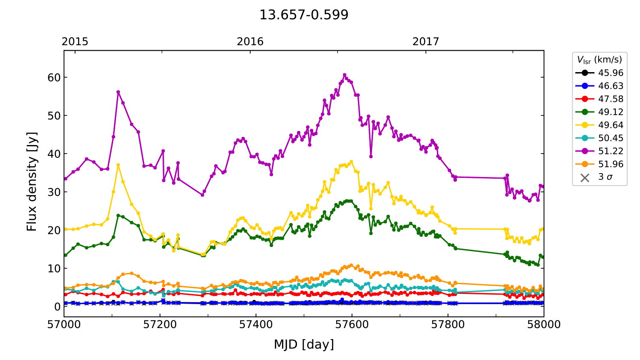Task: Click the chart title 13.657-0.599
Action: click(304, 15)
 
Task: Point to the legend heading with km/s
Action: click(599, 60)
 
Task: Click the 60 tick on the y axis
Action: click(55, 78)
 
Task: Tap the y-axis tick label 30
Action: click(55, 192)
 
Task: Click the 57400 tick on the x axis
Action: click(256, 325)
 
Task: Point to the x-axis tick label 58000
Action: click(544, 325)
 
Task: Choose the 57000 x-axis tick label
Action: click(64, 325)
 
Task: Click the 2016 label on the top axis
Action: click(250, 41)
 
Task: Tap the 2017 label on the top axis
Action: click(425, 41)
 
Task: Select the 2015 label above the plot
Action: click(75, 41)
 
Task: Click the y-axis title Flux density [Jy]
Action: click(32, 181)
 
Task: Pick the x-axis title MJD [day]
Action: click(304, 344)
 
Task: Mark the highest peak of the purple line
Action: click(345, 75)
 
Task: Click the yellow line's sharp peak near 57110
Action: click(118, 165)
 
